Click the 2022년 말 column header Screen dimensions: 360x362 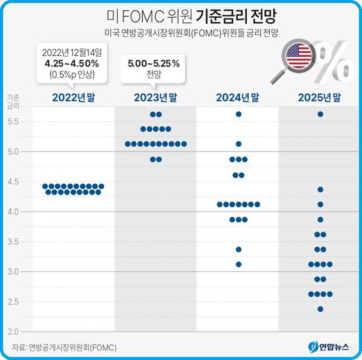[74, 97]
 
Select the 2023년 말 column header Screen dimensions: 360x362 [156, 97]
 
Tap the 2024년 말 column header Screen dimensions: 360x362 [238, 97]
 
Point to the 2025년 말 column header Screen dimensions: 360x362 [320, 97]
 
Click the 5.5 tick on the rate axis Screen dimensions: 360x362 [13, 121]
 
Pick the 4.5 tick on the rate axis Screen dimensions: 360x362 [13, 182]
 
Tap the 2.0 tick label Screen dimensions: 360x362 [13, 332]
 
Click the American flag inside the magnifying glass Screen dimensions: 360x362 [299, 56]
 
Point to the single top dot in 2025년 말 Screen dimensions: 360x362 [320, 114]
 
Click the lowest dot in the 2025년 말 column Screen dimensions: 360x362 [320, 309]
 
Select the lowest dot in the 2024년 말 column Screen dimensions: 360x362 [238, 265]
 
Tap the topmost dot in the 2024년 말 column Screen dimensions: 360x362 [238, 114]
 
